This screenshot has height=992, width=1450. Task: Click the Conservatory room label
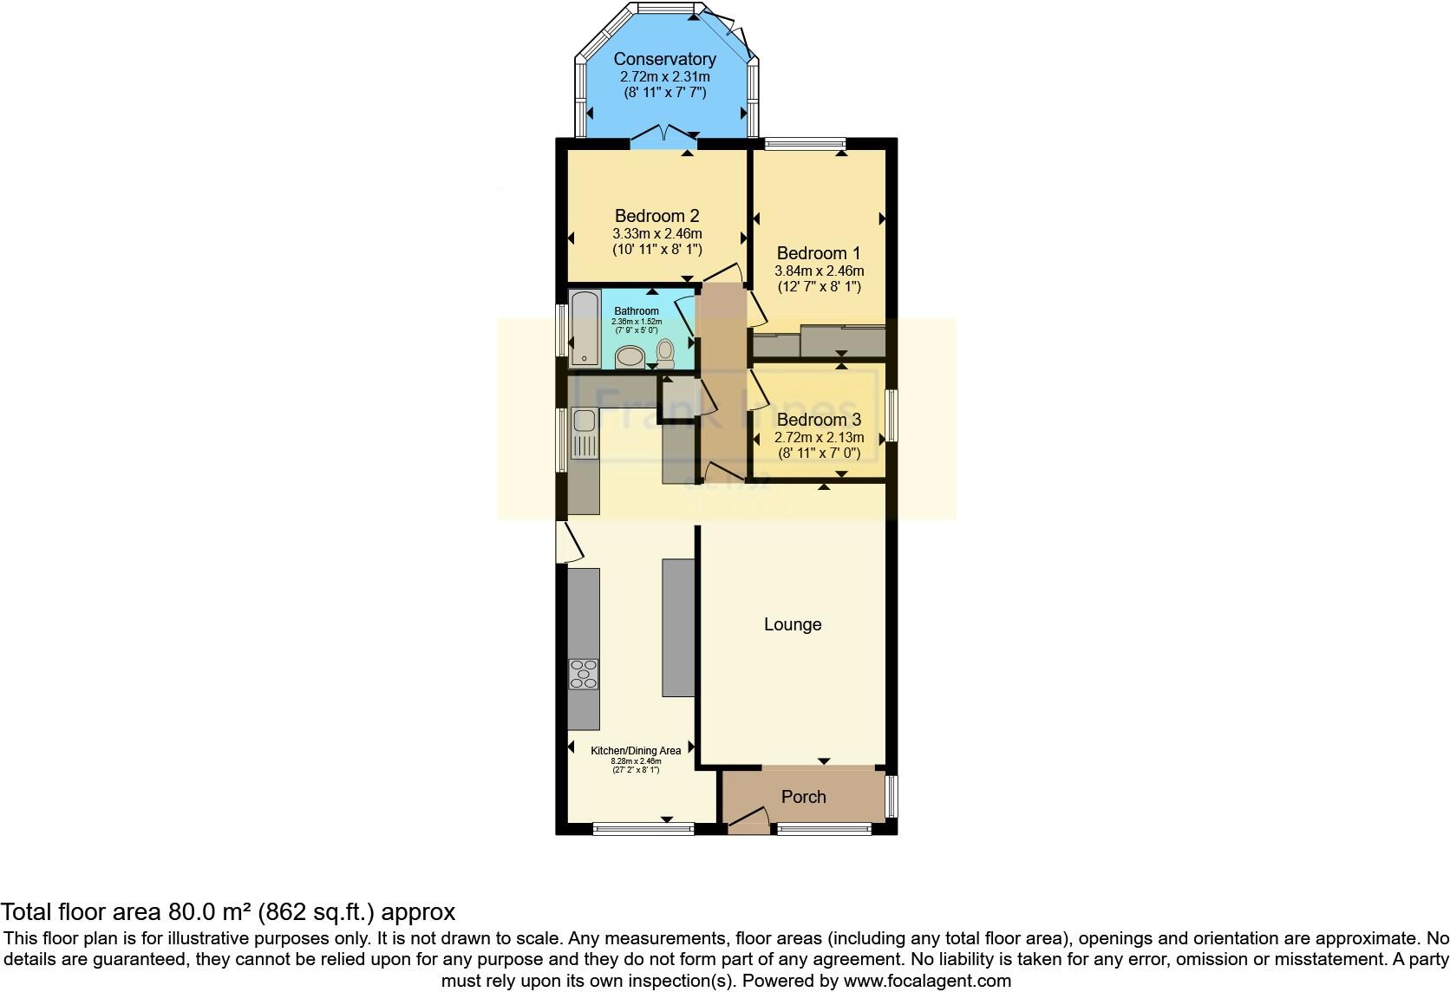[664, 59]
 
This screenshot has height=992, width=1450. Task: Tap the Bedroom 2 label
[656, 216]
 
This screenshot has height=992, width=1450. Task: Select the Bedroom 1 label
[818, 253]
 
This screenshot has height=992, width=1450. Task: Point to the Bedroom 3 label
[819, 421]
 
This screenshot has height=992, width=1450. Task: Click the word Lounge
[792, 624]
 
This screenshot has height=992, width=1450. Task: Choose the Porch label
[803, 797]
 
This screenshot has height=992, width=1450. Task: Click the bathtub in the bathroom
[584, 328]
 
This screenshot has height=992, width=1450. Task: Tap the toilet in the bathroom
[665, 352]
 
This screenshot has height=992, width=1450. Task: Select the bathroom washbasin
[629, 356]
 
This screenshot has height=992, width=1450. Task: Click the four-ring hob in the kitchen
[583, 674]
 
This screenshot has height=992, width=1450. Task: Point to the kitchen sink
[583, 423]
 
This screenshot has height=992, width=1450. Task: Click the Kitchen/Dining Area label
[636, 751]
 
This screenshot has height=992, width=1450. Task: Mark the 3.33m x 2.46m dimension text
[656, 234]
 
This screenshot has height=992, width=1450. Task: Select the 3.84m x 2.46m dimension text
[818, 271]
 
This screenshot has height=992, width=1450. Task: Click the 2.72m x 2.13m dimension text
[819, 438]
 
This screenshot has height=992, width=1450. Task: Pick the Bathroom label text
[637, 311]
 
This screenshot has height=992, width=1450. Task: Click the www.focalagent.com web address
[927, 982]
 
